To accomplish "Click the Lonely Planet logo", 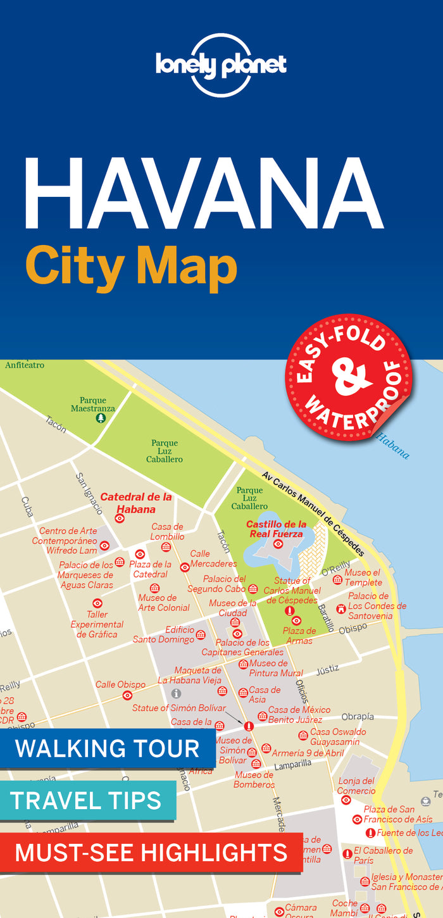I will click(221, 65).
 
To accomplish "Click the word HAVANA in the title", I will click(203, 193).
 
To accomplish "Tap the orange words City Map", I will click(131, 267).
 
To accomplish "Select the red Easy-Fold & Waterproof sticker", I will click(348, 378).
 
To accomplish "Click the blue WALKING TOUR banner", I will click(107, 748).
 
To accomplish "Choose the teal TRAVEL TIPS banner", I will click(87, 800).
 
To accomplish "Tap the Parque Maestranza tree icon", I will click(100, 418).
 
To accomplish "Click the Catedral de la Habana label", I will click(136, 503).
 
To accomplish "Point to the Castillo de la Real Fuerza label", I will click(276, 529).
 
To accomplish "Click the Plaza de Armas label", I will click(299, 636).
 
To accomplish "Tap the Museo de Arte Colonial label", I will click(164, 603).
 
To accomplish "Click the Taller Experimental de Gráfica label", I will click(97, 624).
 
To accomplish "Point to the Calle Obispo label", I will click(120, 684).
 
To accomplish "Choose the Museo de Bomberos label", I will click(254, 779).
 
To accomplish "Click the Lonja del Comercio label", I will click(356, 786).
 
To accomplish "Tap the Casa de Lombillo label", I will click(167, 531).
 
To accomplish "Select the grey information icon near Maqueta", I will click(176, 693).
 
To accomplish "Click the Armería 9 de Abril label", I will click(308, 753).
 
